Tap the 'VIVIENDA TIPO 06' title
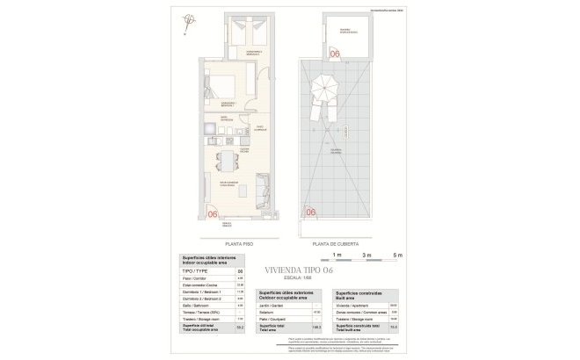300,270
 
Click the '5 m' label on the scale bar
397,255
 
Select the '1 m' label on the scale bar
337,255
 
